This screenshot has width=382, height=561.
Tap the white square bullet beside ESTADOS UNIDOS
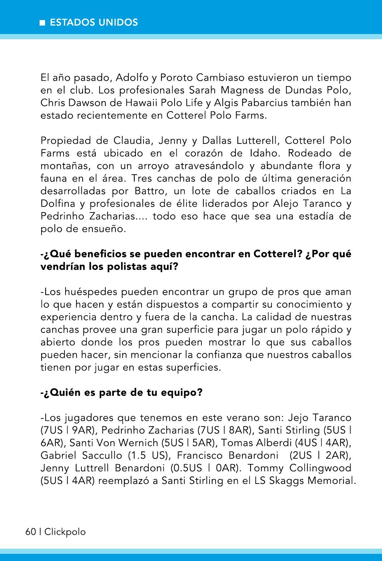(42, 23)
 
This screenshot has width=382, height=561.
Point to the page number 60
(30, 532)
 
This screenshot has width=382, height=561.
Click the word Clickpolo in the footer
(65, 532)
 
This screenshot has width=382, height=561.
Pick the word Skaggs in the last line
(286, 481)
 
